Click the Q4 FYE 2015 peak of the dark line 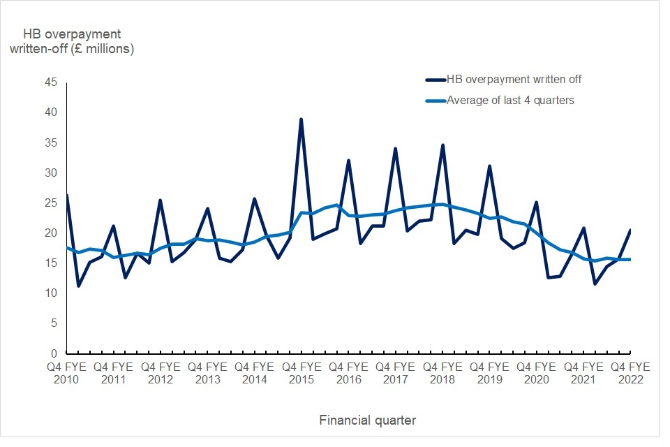301,119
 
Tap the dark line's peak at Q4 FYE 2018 442,145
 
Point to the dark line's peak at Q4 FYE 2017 395,149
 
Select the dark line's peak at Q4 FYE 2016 348,161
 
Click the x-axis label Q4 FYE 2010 66,373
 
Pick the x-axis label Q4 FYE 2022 630,373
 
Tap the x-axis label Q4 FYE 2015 301,373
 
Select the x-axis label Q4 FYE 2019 489,373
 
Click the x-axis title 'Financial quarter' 368,420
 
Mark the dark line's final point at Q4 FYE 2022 631,230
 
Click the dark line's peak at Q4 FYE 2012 160,200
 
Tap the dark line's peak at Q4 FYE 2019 490,166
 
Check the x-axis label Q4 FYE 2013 207,373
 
